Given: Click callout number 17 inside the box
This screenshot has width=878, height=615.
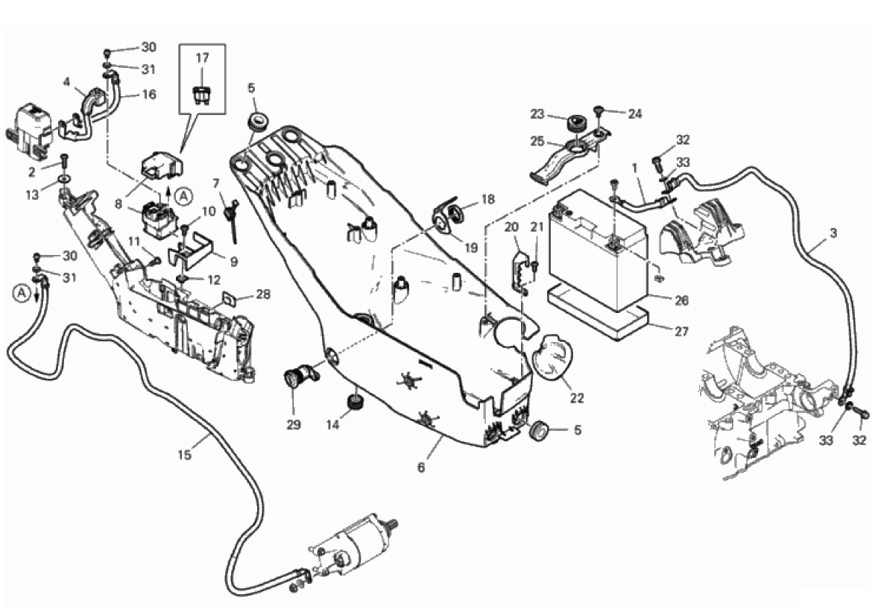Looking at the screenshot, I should click(x=203, y=57).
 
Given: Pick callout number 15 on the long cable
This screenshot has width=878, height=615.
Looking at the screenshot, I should click(x=184, y=455).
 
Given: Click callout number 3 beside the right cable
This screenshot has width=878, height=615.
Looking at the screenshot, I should click(x=833, y=233).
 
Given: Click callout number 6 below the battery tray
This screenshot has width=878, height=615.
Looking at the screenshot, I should click(x=421, y=467).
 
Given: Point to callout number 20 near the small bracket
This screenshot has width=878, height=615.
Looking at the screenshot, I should click(x=511, y=227).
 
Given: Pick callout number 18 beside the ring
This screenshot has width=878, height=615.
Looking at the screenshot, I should click(x=487, y=199).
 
